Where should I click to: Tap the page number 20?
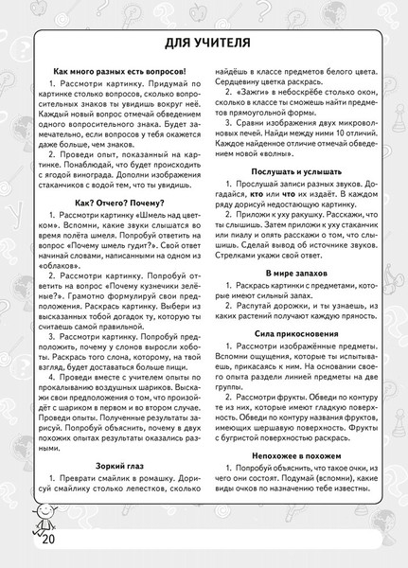(24, 547)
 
